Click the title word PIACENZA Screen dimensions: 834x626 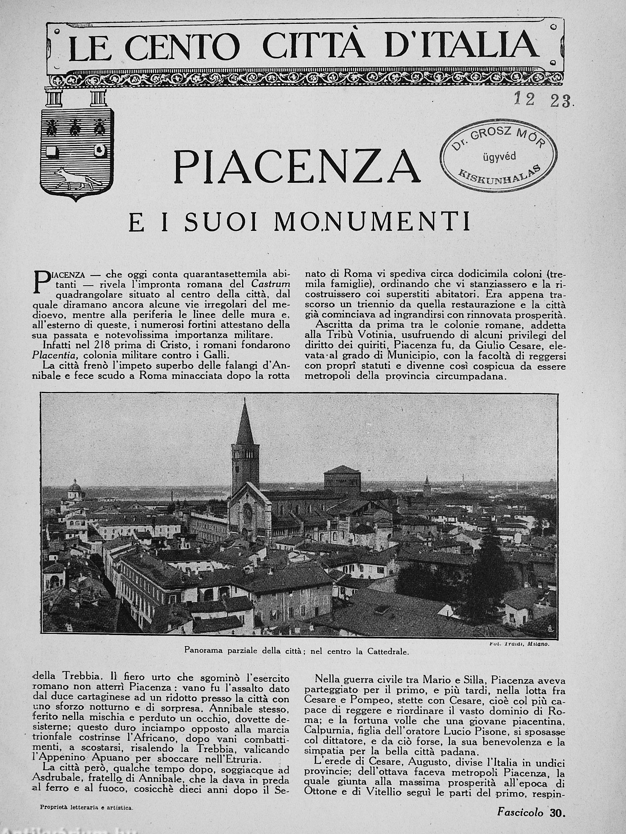296,166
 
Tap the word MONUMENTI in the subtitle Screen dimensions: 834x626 372,222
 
